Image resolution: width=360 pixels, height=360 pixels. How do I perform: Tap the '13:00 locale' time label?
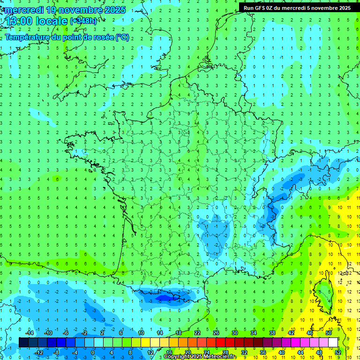(x=36, y=21)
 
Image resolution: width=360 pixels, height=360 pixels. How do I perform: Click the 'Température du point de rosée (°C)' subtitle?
(x=67, y=37)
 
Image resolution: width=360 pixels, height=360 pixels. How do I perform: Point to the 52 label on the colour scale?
(x=338, y=352)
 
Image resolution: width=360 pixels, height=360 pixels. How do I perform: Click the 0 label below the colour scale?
(x=92, y=352)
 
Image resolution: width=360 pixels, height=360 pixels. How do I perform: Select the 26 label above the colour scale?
(x=216, y=332)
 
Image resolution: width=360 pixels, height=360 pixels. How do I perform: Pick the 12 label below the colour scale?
(x=150, y=352)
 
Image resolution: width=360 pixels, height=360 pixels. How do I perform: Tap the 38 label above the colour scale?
(x=272, y=332)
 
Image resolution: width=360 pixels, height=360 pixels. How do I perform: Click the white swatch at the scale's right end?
(x=333, y=342)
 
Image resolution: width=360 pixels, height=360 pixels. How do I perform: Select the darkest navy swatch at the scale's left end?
(x=23, y=342)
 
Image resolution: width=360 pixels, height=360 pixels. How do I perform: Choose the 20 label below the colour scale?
(x=188, y=352)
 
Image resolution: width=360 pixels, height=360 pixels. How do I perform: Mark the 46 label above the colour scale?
(x=310, y=332)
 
